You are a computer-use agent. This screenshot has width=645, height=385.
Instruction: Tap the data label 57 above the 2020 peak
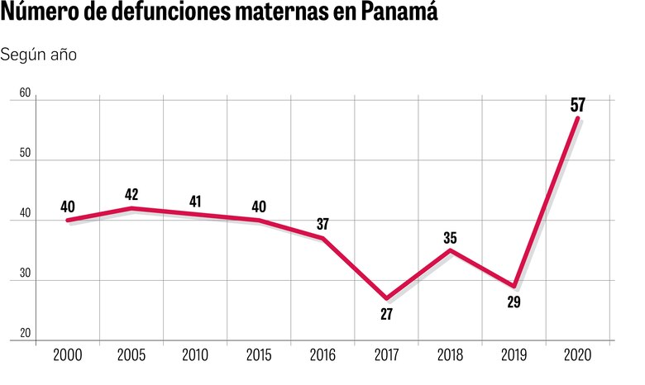578,104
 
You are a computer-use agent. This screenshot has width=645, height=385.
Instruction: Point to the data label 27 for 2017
386,315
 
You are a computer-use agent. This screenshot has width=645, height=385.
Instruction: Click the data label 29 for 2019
514,302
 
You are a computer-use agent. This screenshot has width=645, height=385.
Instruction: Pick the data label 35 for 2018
450,237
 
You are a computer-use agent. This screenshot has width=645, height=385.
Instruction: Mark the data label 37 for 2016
322,224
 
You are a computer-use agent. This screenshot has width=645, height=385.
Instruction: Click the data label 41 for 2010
195,201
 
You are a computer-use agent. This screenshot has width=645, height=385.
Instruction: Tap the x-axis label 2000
68,355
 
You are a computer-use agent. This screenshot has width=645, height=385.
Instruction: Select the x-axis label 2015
259,355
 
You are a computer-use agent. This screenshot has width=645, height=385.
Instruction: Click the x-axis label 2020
577,355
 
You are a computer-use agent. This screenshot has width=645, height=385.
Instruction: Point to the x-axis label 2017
386,355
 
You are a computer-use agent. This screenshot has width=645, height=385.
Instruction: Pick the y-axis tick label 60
25,94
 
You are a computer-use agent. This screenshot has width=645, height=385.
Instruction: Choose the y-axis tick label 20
25,334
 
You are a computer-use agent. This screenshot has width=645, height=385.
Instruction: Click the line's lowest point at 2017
386,298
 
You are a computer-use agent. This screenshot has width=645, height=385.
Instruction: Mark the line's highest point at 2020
577,118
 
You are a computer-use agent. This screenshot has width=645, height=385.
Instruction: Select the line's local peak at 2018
450,250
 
